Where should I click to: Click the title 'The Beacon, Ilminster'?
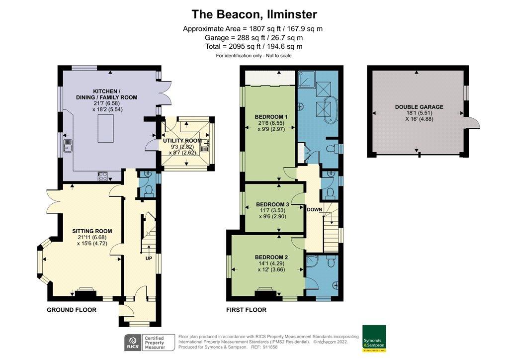coord(254,14)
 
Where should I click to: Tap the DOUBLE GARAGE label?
coord(419,107)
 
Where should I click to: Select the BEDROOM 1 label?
coord(268,116)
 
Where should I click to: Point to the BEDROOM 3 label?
coord(272,204)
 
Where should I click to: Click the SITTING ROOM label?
coord(92,231)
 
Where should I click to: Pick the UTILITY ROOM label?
coord(183,141)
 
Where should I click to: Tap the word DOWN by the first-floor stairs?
coord(315,210)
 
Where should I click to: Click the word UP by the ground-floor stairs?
coord(149,259)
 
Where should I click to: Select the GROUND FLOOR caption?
coord(72,310)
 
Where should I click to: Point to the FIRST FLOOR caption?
coord(246,310)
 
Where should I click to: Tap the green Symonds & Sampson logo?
coord(374,338)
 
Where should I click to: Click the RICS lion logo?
coord(132,343)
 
